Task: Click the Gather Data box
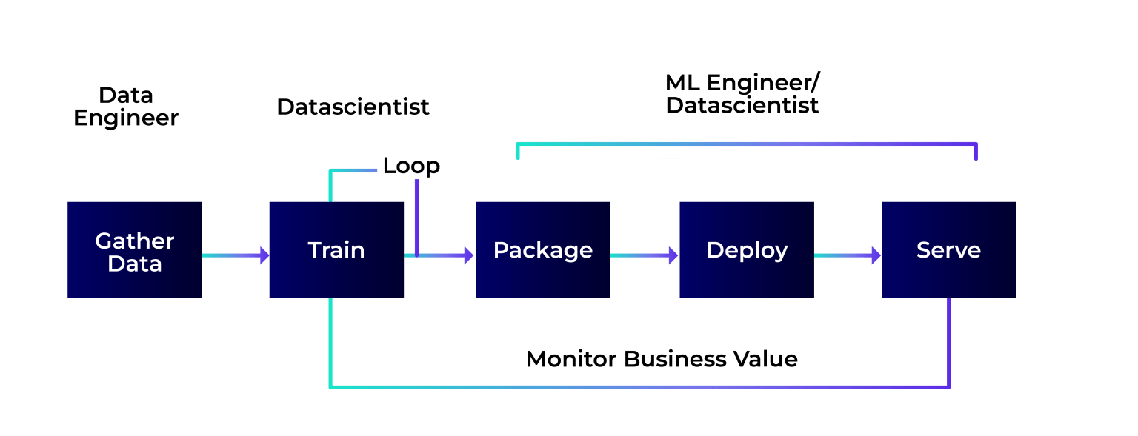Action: tap(134, 250)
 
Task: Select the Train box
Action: tap(336, 250)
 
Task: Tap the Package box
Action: tap(542, 250)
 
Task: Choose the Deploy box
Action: tap(746, 250)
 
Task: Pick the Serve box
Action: tap(948, 250)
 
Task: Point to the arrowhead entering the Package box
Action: tap(467, 255)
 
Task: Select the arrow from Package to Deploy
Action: tap(643, 255)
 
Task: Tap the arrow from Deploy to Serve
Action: tap(847, 255)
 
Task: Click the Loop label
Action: tap(410, 166)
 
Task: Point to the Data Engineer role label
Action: tap(126, 107)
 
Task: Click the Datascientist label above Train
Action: tap(353, 107)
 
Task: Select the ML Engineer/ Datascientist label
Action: tap(742, 94)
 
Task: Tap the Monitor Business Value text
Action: tap(662, 360)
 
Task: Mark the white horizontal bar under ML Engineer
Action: tap(746, 152)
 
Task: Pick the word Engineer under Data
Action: tap(126, 118)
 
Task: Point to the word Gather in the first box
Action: tap(134, 241)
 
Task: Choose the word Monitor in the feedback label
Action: tap(571, 360)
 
